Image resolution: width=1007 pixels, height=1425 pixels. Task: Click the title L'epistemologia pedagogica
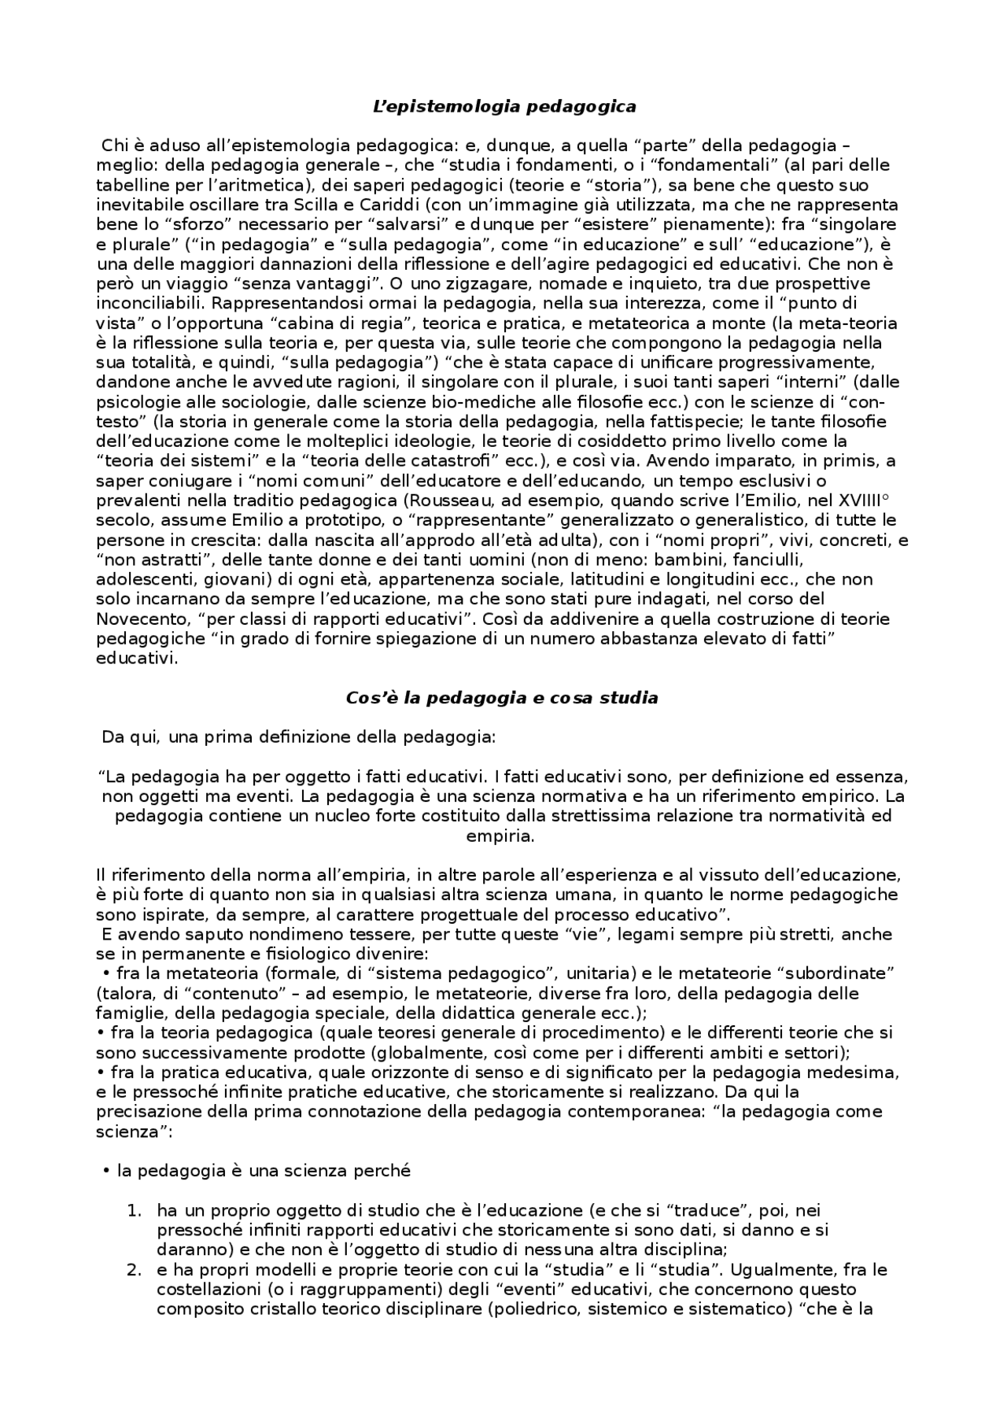click(503, 106)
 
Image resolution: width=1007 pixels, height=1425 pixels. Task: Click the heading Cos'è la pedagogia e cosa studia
click(502, 697)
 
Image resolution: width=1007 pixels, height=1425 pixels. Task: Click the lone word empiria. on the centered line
click(500, 836)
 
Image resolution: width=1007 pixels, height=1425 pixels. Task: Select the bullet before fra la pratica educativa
click(100, 1072)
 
